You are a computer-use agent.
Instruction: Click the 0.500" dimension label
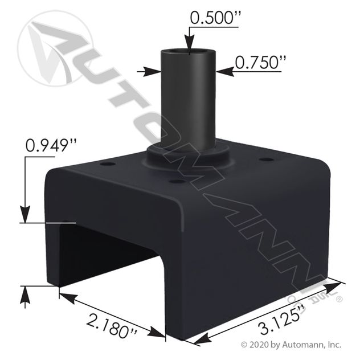pyautogui.click(x=215, y=18)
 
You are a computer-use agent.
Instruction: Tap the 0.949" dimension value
pyautogui.click(x=51, y=146)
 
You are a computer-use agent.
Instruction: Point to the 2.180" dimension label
pyautogui.click(x=112, y=326)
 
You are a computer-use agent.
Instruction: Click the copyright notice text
pyautogui.click(x=291, y=345)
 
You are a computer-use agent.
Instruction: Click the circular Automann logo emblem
pyautogui.click(x=55, y=48)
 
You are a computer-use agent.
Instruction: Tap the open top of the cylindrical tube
pyautogui.click(x=189, y=52)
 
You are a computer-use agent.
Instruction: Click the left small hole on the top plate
pyautogui.click(x=108, y=164)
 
